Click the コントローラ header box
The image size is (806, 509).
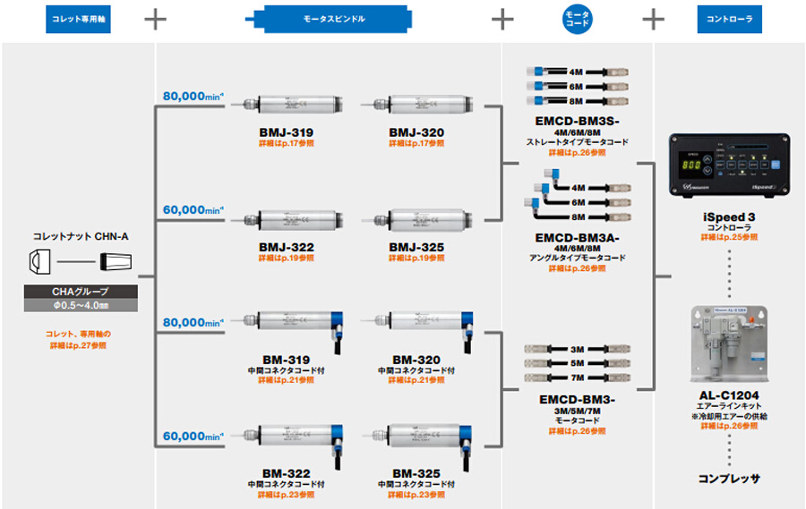click(729, 19)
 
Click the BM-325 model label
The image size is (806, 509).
click(416, 472)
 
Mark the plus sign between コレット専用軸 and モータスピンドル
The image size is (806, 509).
click(155, 19)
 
